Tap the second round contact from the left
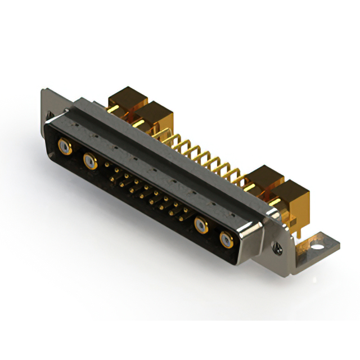coord(89,162)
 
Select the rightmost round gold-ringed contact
coord(225,241)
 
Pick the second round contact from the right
coord(201,227)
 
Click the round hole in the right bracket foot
coord(318,245)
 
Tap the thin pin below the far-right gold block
coord(294,225)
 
